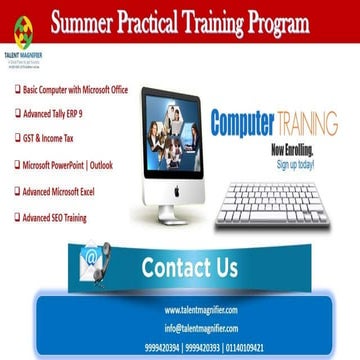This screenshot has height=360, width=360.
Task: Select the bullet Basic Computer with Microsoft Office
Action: click(76, 90)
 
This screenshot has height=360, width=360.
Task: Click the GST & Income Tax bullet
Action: click(50, 138)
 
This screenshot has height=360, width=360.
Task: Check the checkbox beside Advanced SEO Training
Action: click(17, 216)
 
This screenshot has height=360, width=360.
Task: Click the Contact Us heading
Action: click(189, 267)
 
